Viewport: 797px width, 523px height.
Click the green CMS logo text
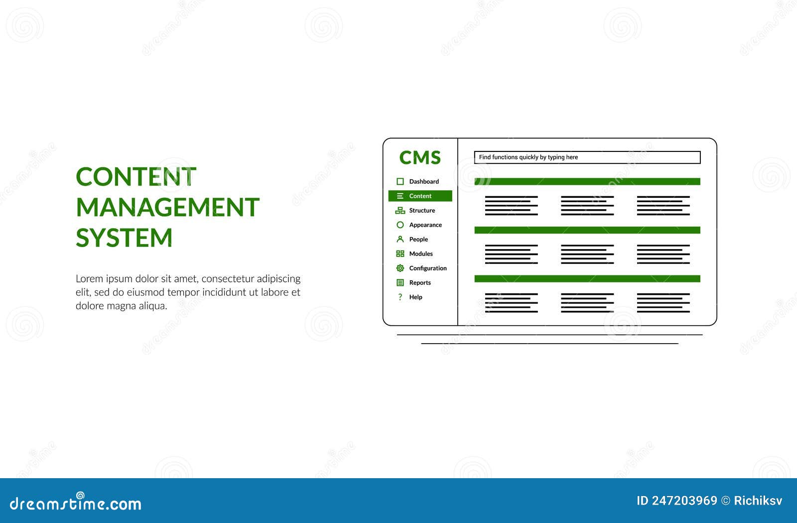tap(420, 158)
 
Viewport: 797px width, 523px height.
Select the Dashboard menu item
tap(424, 182)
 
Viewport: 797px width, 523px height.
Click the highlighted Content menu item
tap(420, 196)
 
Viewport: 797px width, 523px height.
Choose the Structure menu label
tap(422, 211)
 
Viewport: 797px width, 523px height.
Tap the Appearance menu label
tap(425, 225)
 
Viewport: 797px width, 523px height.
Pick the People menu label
tap(418, 240)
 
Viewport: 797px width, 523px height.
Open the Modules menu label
tap(421, 254)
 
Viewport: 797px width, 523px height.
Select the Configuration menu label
tap(428, 268)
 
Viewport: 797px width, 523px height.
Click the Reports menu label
tap(420, 283)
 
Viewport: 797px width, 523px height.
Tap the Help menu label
tap(415, 297)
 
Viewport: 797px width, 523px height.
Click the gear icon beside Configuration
tap(400, 268)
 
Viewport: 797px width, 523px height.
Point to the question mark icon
tap(400, 297)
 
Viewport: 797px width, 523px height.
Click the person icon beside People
tap(400, 240)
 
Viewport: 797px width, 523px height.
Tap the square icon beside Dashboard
tap(400, 182)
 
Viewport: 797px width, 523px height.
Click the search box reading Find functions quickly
tap(587, 157)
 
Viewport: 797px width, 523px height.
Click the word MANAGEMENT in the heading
tap(167, 207)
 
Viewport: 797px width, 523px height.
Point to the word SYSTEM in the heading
tap(124, 238)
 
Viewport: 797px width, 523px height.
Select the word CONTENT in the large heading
tap(136, 177)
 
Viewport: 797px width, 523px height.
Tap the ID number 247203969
tap(684, 501)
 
